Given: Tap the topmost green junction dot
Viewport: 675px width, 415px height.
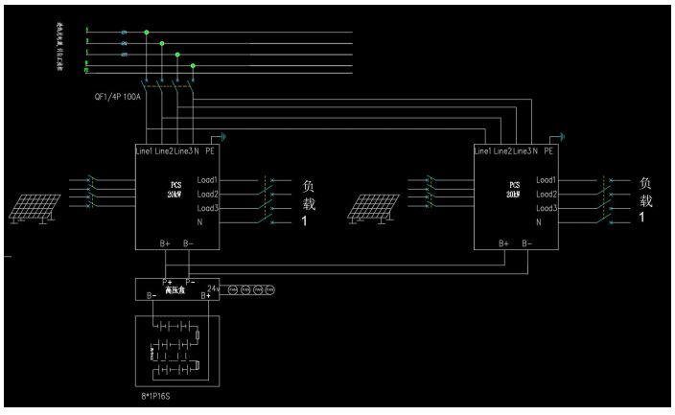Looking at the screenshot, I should (147, 32).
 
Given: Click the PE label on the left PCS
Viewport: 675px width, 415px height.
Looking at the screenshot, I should (209, 152).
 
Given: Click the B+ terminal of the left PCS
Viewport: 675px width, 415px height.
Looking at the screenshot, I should (166, 243).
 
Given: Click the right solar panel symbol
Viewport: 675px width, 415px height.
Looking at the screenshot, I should (372, 206).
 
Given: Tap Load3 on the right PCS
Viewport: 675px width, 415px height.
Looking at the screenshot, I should (547, 208).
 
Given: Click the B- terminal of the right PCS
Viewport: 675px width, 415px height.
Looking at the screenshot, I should (527, 243).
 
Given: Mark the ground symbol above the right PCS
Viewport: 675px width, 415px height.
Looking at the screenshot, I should (563, 138).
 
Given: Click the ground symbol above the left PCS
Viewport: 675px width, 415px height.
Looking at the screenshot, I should (224, 138).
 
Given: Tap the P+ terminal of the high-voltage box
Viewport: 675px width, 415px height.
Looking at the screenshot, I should (167, 281).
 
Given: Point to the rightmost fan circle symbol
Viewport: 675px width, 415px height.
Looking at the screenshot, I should (269, 288).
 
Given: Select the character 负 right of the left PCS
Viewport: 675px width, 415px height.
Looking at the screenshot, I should (309, 184).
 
